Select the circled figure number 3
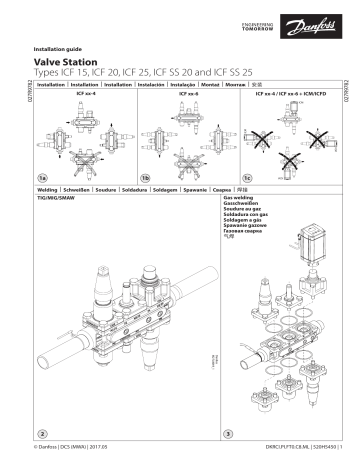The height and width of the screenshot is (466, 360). (x=229, y=433)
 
